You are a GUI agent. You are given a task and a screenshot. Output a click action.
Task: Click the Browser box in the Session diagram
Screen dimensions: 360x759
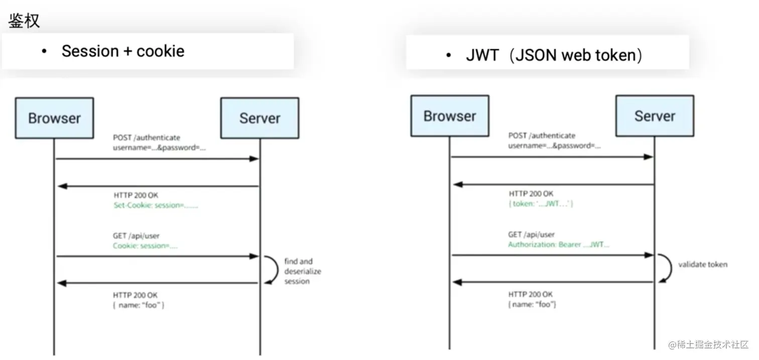tap(54, 118)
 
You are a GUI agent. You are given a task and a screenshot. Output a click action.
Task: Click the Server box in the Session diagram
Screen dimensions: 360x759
tap(260, 118)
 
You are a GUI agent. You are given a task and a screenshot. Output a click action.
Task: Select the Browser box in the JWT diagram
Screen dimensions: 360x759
tap(449, 116)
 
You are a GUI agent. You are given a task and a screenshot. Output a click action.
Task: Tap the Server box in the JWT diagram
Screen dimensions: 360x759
tap(655, 116)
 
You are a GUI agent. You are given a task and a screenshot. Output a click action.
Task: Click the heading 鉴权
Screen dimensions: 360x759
tap(24, 21)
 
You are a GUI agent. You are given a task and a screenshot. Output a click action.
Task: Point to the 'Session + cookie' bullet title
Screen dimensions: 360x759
tap(122, 51)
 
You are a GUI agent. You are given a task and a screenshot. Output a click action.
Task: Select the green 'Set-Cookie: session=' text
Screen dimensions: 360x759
tap(156, 205)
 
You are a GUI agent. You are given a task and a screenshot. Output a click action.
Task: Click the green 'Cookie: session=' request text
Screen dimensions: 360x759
tap(145, 246)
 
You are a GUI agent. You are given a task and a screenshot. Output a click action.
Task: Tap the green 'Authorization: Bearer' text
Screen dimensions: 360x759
tap(559, 245)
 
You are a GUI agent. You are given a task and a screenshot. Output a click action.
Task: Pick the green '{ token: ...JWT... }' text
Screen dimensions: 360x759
tap(541, 204)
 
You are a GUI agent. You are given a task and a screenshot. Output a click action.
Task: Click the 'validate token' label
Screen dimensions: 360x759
tap(702, 264)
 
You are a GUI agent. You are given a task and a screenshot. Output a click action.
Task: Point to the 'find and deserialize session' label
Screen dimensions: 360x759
tap(302, 271)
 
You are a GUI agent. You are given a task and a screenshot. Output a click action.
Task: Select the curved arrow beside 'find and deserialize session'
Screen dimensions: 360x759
tap(273, 270)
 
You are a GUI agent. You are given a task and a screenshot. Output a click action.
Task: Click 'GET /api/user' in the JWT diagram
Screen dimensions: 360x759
tap(531, 234)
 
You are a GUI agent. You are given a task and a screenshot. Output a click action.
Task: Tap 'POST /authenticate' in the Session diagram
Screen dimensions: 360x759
tap(146, 138)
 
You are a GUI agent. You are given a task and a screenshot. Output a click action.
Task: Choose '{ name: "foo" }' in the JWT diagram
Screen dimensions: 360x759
tap(532, 304)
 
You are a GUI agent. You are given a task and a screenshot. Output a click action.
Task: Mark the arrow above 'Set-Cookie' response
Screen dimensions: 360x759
tap(158, 186)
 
